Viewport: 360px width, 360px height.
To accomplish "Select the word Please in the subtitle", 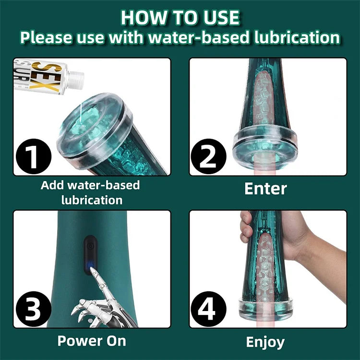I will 47,37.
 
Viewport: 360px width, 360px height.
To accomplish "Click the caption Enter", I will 265,189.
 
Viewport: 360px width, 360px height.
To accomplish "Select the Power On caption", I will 92,341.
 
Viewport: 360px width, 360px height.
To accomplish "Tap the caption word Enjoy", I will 265,342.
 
